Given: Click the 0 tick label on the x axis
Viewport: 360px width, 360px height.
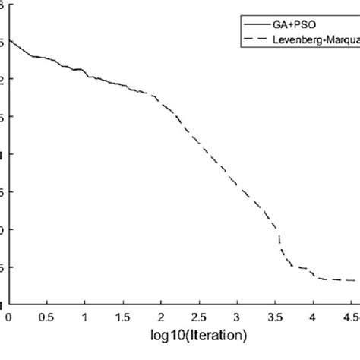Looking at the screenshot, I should click(8, 315).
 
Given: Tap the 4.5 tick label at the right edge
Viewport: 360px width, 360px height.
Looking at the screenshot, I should click(350, 315).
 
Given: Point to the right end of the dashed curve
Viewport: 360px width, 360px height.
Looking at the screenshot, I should click(355, 281).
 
